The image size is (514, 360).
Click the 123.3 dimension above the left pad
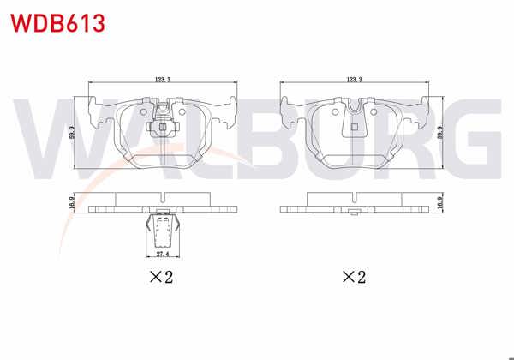tap(162, 79)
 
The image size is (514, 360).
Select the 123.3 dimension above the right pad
tap(352, 79)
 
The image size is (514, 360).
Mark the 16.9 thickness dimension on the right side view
tap(442, 203)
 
